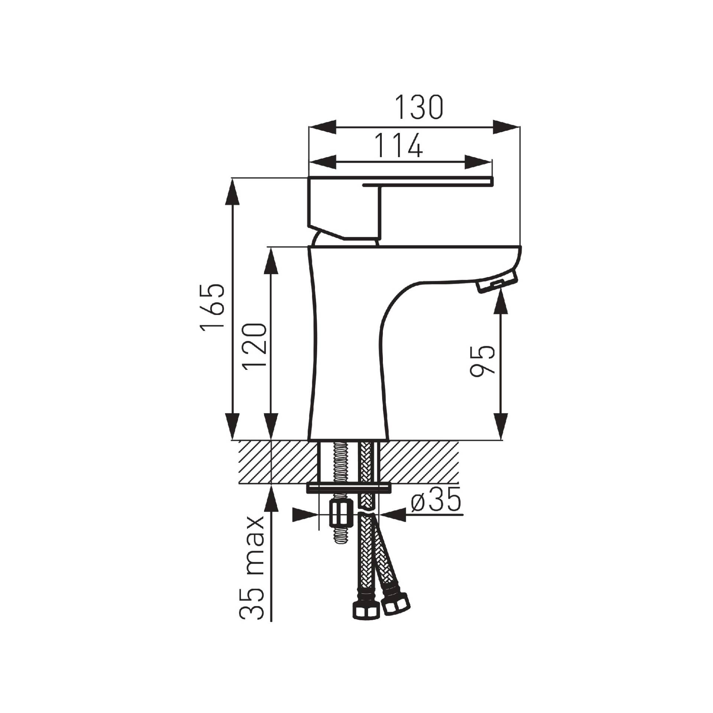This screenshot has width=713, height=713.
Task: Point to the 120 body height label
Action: click(x=255, y=345)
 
